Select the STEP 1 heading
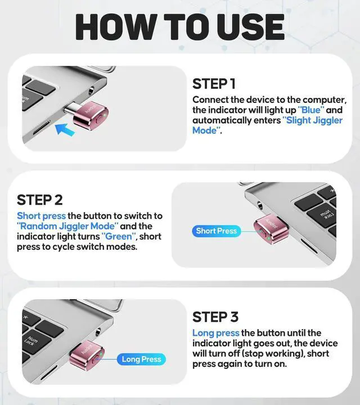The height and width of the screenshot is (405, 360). click(214, 84)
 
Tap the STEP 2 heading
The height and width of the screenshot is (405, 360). click(39, 200)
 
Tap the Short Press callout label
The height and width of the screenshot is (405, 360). click(216, 231)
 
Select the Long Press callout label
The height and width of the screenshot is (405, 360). click(142, 359)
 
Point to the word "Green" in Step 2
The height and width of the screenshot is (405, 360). click(119, 236)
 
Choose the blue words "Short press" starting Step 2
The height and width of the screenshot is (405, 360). click(41, 216)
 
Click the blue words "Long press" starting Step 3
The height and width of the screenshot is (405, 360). click(216, 333)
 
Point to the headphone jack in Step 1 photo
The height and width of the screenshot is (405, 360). click(92, 89)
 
